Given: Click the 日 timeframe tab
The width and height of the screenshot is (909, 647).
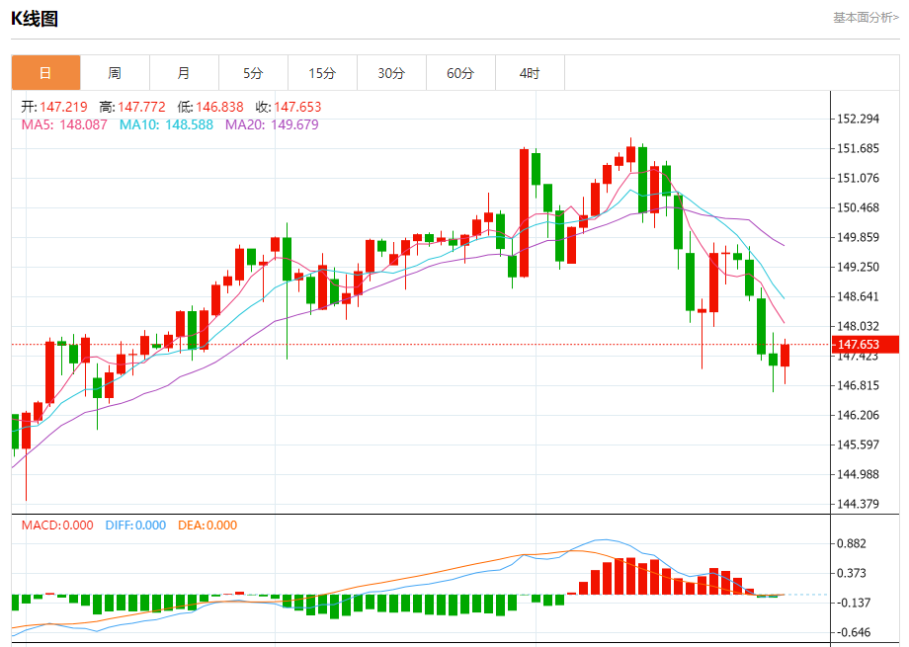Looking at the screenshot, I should pos(45,73).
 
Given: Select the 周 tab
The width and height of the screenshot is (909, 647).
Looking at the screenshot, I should pos(115,73).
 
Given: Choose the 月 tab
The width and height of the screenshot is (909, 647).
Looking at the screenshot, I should pos(184,73).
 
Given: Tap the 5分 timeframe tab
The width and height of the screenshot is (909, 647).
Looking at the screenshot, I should pos(253,73).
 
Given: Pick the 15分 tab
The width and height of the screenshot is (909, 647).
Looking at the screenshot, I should pos(322,73).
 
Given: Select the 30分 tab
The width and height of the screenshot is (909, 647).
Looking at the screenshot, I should pos(391,73).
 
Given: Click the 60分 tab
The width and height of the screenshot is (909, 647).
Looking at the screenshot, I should pos(460,73).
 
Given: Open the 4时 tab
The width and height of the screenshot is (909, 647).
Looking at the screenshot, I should pos(530,73).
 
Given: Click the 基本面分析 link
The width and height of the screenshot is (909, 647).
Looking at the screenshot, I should pos(866,17).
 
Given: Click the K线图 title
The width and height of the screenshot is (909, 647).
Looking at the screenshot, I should pos(35,18).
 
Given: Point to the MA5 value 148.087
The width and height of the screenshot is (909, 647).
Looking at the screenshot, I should pos(64,124).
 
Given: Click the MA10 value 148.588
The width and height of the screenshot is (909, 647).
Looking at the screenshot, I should pos(166,124).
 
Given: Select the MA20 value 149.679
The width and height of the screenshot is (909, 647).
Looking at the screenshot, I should pos(272,124).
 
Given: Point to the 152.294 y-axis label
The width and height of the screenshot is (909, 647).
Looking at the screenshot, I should pos(858,120).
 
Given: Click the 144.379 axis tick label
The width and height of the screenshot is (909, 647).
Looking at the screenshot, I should pos(858,504).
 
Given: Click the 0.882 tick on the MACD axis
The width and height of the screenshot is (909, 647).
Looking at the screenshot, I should pos(852,543).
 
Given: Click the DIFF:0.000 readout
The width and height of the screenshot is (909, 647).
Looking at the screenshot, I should pos(135,526).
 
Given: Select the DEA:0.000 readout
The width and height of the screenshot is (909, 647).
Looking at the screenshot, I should pos(207,526).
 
